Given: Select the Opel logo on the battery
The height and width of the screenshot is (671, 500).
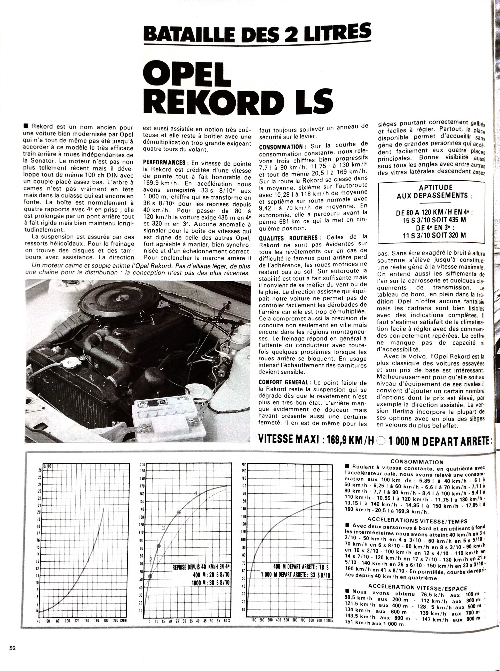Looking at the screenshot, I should click(141, 405).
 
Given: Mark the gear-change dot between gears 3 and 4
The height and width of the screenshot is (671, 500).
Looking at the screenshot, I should click(179, 512).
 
